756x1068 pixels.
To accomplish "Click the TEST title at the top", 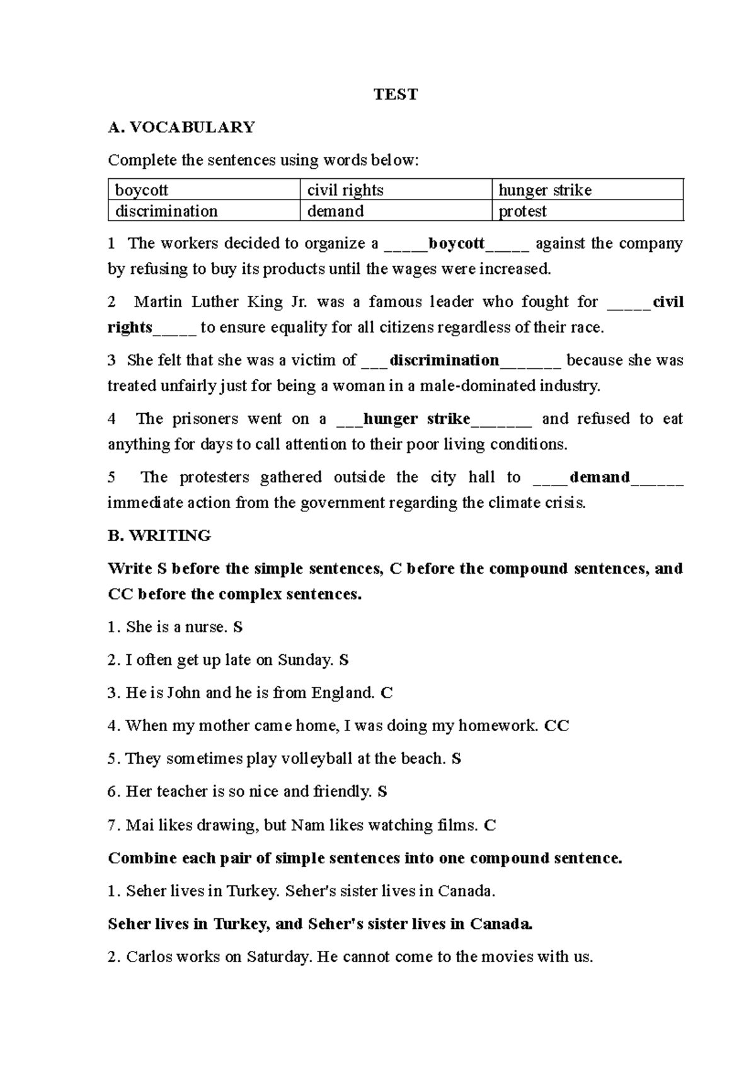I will click(x=396, y=94).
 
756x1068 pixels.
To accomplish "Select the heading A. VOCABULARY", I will click(x=181, y=127).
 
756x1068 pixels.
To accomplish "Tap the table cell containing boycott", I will click(x=203, y=190).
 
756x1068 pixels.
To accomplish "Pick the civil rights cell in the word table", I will click(x=395, y=190).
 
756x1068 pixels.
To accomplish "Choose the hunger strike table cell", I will click(x=587, y=190).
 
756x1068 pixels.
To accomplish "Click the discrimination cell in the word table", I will click(x=203, y=211).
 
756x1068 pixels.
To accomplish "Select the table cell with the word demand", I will click(x=395, y=211).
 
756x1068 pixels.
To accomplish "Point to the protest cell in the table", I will click(x=587, y=211).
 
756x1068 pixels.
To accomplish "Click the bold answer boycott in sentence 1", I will click(x=456, y=244).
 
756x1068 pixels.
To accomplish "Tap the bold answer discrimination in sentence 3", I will click(x=444, y=360).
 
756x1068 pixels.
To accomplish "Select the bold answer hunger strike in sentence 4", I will click(x=416, y=419).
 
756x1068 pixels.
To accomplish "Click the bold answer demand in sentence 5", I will click(x=599, y=477).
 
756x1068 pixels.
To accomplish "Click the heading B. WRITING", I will click(x=159, y=536).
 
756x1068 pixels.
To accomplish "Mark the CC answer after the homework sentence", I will click(x=556, y=726).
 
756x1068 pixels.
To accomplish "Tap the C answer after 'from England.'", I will click(x=387, y=693).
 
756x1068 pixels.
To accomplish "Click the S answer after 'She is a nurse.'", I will click(x=238, y=627).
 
